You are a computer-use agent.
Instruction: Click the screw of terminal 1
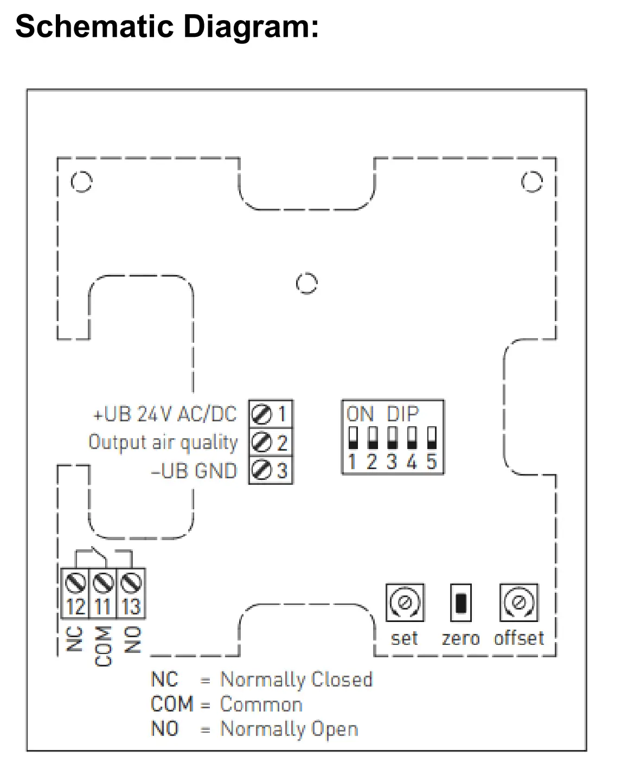point(261,414)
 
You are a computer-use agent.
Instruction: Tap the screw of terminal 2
point(261,443)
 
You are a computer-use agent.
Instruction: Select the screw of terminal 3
point(261,470)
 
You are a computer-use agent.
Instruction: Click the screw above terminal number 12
point(75,584)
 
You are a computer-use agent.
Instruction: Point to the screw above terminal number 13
point(131,584)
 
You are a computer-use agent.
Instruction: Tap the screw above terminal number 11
point(103,584)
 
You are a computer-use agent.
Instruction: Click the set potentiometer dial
point(405,602)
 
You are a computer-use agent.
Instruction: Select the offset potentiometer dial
point(518,602)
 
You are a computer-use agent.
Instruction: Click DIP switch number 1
point(353,438)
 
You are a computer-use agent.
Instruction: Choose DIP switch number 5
point(432,438)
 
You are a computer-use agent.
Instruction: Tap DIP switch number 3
point(392,438)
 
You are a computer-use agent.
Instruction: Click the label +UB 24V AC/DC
point(165,414)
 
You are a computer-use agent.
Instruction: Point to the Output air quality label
point(163,443)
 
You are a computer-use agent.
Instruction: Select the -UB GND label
point(194,471)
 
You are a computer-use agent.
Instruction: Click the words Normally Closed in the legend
point(296,680)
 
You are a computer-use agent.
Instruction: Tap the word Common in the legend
point(261,704)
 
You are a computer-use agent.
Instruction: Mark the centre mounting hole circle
point(307,283)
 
